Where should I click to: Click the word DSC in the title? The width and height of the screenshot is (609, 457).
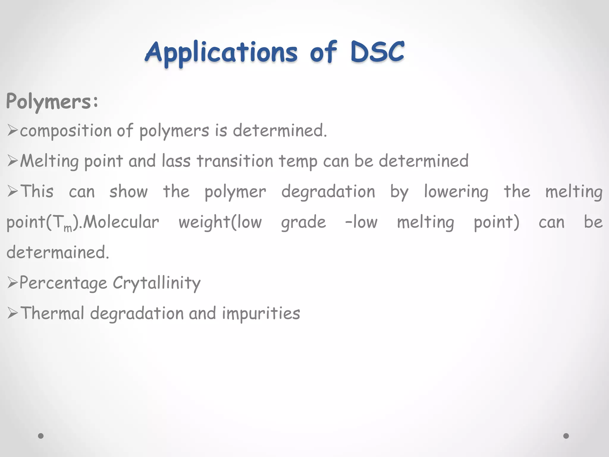tap(377, 52)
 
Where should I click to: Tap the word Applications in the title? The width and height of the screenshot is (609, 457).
tap(221, 53)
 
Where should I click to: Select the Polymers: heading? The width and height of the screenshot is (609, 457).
tap(52, 102)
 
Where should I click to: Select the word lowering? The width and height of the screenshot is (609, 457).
tap(456, 192)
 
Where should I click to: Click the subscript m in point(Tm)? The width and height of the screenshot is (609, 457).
tap(68, 228)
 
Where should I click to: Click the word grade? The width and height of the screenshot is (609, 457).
tap(303, 223)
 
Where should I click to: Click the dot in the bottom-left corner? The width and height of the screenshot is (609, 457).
tap(41, 436)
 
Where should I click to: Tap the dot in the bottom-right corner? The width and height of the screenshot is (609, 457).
tap(566, 436)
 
